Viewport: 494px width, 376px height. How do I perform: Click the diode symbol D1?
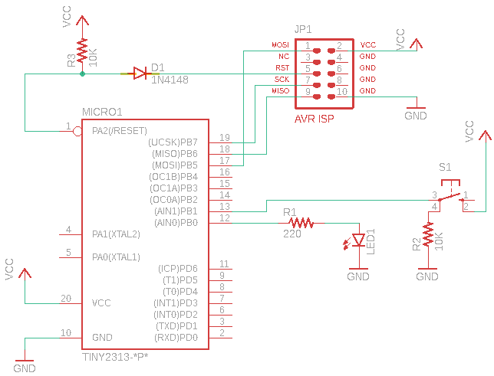coord(140,74)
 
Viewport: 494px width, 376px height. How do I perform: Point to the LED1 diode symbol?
coord(357,239)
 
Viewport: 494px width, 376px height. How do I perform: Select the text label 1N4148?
coord(170,79)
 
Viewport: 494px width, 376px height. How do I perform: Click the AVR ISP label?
coord(314,119)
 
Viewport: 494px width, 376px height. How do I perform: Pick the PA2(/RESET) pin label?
coord(119,130)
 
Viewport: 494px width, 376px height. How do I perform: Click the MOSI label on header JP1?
coord(281,45)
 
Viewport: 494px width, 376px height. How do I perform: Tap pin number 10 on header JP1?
coord(341,91)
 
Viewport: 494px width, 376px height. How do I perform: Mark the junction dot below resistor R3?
coord(82,74)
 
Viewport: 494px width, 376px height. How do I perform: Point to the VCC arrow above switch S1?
coord(485,135)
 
